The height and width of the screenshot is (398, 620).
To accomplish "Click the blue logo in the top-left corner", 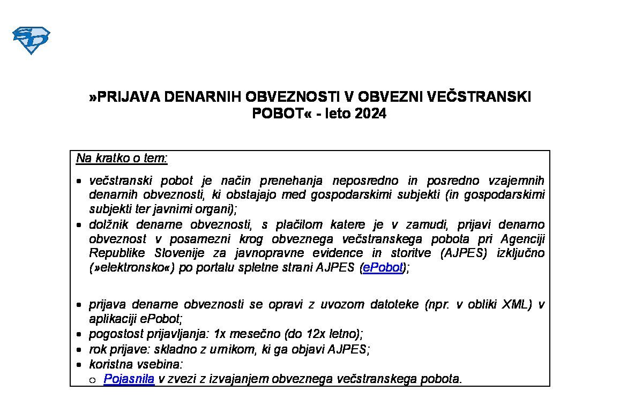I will click(31, 40).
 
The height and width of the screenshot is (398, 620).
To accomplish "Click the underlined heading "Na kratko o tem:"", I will click(122, 158).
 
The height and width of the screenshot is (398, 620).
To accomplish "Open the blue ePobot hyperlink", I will click(383, 268).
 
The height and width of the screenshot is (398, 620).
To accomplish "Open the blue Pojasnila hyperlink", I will click(129, 379).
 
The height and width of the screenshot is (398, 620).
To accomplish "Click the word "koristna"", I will click(110, 364).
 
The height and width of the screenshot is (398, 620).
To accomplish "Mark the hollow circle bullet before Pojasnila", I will click(93, 380).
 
